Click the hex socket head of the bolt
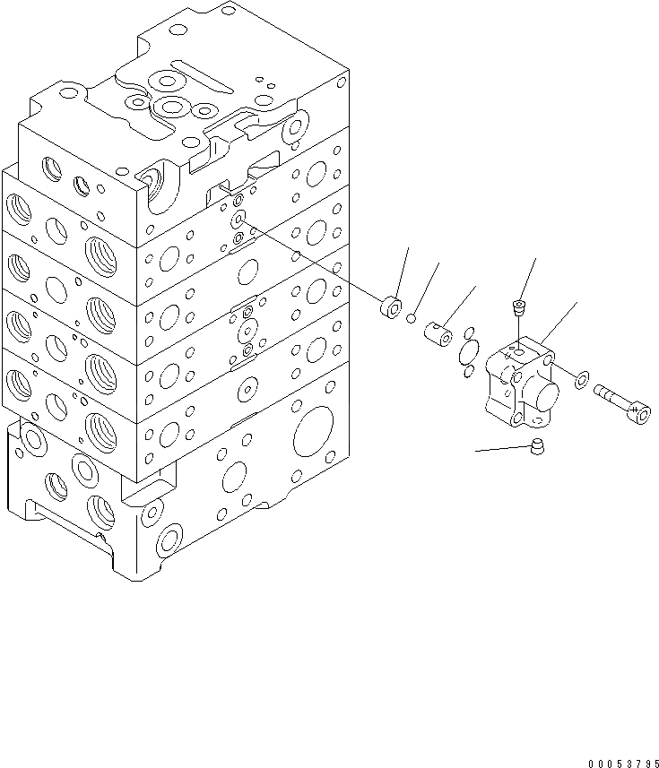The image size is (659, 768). click(638, 412)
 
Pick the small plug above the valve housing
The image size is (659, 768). click(518, 309)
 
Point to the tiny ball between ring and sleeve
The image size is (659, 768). click(412, 316)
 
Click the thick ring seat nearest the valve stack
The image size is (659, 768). click(390, 308)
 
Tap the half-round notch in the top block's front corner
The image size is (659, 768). click(160, 190)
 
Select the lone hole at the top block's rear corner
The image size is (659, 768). click(229, 11)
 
